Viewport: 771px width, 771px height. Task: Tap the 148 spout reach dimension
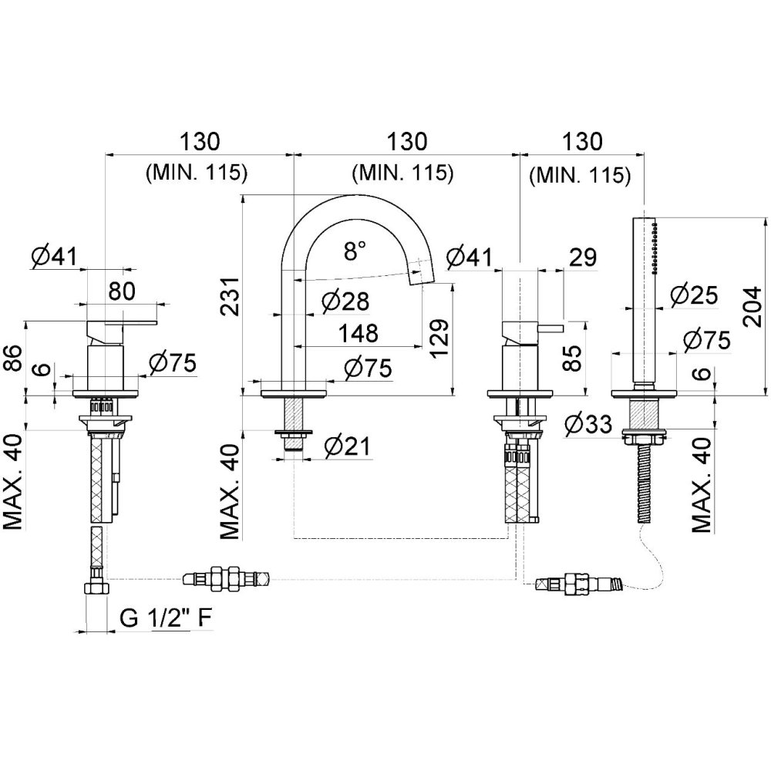[358, 334]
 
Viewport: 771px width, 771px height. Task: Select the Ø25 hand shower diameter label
[694, 295]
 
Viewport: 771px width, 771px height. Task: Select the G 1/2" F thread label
[166, 617]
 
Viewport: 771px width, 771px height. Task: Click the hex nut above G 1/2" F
[97, 589]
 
